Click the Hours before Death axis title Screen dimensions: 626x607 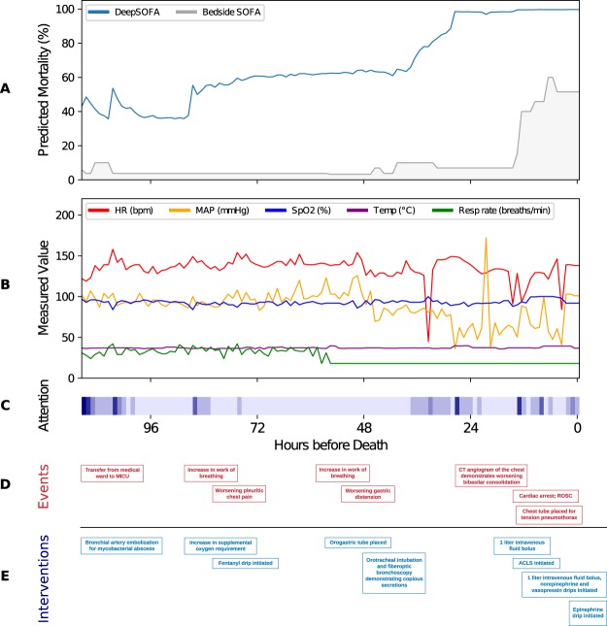pyautogui.click(x=330, y=445)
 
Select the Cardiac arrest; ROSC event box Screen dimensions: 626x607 pyautogui.click(x=547, y=495)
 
